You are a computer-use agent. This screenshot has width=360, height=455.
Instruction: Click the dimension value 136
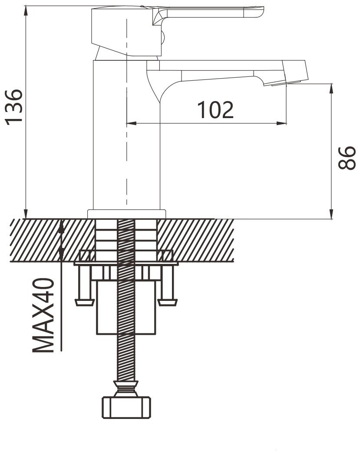13,107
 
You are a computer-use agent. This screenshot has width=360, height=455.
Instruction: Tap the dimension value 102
215,110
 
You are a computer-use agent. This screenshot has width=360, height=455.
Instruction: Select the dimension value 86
347,158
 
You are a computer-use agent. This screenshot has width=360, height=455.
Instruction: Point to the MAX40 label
43,316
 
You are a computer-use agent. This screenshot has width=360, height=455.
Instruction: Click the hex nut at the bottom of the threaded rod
126,407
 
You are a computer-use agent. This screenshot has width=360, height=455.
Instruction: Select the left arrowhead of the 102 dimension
132,124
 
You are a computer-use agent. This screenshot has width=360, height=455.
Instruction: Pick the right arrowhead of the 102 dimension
281,124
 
